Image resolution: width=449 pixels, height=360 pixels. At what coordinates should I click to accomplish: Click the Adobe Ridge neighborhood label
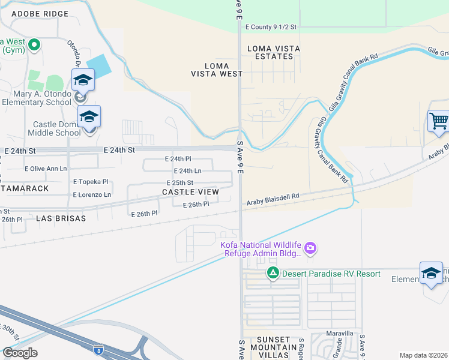tap(40, 13)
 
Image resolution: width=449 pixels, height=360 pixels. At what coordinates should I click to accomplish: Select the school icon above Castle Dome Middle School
tap(89, 116)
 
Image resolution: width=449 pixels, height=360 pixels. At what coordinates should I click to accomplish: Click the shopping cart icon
tap(438, 121)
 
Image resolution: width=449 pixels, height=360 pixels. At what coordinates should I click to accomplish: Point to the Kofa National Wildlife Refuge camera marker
tap(310, 248)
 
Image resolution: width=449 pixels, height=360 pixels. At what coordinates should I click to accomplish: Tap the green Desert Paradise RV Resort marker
tap(273, 274)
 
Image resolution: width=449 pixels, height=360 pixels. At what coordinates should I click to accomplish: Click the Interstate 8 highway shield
tap(100, 349)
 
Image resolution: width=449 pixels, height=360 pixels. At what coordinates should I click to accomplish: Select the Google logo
tap(19, 353)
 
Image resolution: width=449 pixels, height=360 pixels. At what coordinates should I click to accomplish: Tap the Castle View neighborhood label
tap(190, 192)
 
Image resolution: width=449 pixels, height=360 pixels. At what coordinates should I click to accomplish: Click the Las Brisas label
tap(61, 218)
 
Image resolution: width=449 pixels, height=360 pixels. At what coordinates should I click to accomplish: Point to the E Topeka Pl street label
tap(91, 181)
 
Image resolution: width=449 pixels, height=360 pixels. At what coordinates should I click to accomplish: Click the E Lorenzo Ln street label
tap(92, 194)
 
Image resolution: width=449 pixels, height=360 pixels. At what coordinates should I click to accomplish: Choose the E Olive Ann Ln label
tap(46, 169)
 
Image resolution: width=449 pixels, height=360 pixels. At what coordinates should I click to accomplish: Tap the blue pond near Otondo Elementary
tap(98, 65)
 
